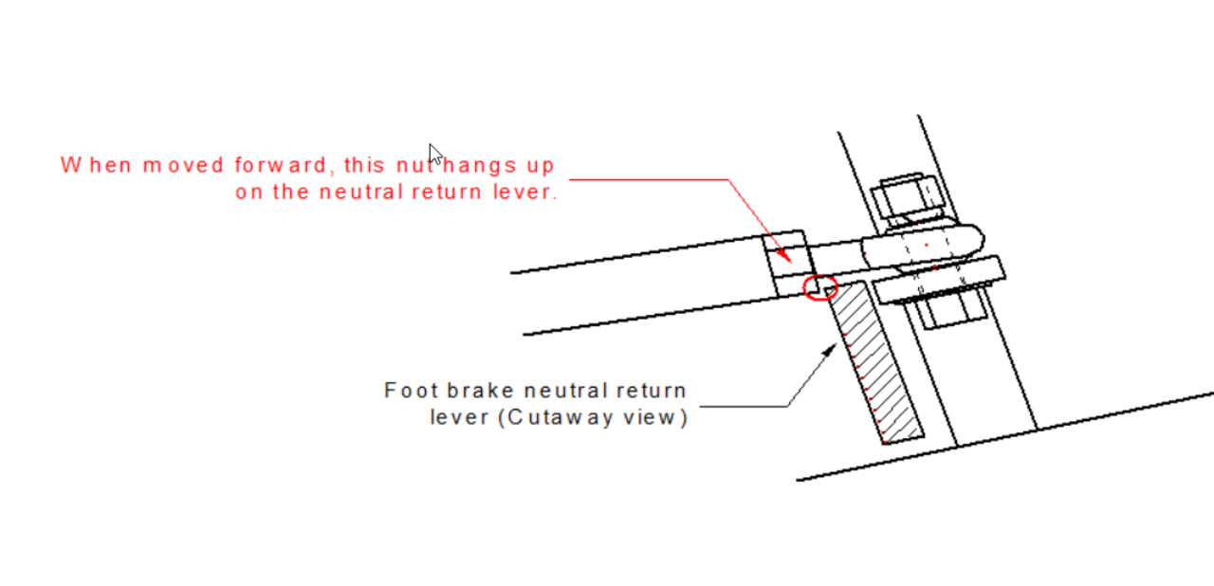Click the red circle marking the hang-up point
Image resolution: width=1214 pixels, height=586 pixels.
point(821,287)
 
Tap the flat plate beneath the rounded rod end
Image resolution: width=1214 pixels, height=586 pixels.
point(940,279)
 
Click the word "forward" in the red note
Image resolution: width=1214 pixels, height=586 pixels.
point(284,165)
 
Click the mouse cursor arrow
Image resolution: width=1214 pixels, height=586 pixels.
point(434,154)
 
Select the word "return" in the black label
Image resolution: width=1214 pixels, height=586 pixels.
point(653,390)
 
